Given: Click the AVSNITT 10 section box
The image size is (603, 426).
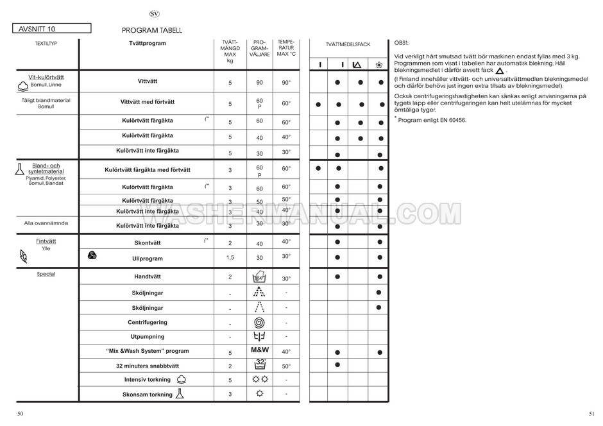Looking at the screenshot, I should click(x=51, y=29).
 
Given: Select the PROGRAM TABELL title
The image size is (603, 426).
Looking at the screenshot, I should click(x=151, y=30).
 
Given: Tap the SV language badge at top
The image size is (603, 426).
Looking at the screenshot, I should click(x=154, y=13).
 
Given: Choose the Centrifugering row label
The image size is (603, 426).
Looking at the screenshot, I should click(x=147, y=322).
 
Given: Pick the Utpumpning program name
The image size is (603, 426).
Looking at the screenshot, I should click(x=147, y=336).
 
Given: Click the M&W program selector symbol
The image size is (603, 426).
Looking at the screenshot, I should click(x=259, y=351).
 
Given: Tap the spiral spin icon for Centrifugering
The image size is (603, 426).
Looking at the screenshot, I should click(x=259, y=323).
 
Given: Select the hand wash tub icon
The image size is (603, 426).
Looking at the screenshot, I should click(x=259, y=278).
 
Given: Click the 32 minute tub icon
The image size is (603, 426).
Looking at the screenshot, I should click(x=259, y=365).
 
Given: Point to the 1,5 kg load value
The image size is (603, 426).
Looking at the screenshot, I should click(x=230, y=257).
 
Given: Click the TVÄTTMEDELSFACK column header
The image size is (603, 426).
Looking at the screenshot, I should click(x=348, y=44).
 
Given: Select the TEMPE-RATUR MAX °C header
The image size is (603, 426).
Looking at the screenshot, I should click(x=285, y=48).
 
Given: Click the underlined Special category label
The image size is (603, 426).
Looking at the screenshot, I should click(x=46, y=274).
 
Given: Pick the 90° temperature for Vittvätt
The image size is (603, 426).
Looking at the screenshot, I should click(x=285, y=83).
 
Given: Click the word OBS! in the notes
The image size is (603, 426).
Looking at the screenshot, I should click(x=401, y=41).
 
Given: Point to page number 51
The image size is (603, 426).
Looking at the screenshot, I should click(x=592, y=414).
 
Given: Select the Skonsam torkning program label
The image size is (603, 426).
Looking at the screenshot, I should click(x=147, y=395).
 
